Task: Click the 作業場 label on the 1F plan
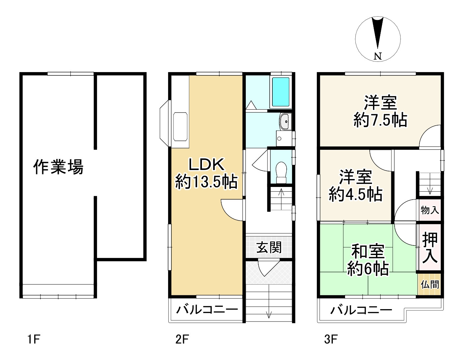[x=58, y=167]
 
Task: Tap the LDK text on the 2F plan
[x=207, y=164]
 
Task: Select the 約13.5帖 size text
[x=207, y=182]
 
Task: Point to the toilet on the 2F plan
[x=281, y=172]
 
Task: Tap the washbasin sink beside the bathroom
[x=285, y=122]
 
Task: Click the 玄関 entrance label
[x=269, y=248]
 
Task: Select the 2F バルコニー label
[x=207, y=310]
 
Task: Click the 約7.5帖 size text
[x=380, y=120]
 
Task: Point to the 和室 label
[x=368, y=252]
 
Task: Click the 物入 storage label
[x=430, y=210]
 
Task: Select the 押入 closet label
[x=430, y=248]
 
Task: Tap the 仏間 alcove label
[x=430, y=285]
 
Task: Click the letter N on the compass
[x=378, y=56]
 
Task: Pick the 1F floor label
[x=34, y=339]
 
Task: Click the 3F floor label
[x=331, y=339]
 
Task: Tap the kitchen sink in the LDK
[x=180, y=127]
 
